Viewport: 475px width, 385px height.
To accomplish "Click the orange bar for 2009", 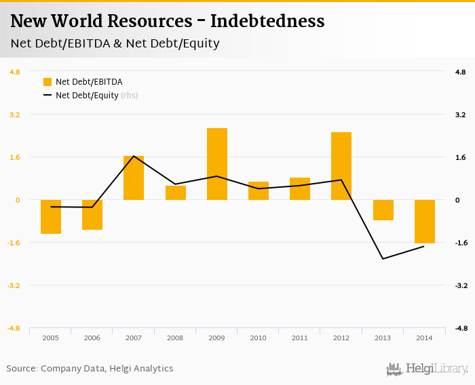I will (217, 164).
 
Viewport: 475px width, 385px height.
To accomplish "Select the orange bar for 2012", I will (341, 166).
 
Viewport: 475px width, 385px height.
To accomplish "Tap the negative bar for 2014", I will (425, 221).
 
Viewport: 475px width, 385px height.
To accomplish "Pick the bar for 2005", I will (51, 217).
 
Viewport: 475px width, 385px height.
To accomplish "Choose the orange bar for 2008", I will (176, 192).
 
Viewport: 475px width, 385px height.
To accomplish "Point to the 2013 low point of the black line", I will (383, 259).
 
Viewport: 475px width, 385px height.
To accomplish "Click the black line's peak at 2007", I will (134, 156).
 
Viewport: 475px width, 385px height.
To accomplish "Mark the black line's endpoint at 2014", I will (424, 246).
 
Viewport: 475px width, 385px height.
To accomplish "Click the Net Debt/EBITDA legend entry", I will (89, 82).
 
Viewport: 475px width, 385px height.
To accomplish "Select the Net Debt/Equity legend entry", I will (87, 96).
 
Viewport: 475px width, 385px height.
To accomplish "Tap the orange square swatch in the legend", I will (47, 82).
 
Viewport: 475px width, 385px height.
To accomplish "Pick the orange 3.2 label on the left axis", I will (14, 115).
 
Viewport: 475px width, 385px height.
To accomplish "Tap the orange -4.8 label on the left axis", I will (14, 328).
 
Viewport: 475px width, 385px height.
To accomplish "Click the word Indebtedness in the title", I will (267, 22).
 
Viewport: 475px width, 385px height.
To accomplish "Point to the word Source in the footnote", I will (21, 369).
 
